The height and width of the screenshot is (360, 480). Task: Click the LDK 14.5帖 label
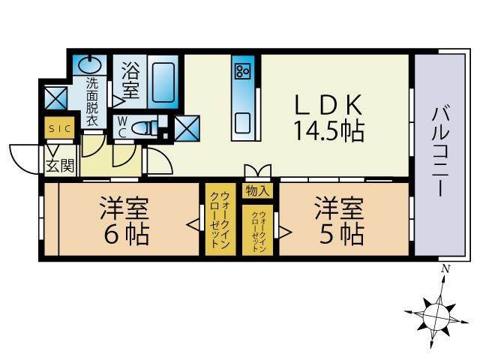tap(328, 118)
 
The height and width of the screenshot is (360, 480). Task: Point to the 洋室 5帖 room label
tap(339, 221)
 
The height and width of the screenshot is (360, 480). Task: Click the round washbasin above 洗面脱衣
tap(91, 63)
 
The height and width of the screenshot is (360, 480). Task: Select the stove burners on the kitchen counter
tap(243, 72)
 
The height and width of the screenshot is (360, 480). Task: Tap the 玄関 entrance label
tap(60, 166)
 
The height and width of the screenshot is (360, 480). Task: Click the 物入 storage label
tap(257, 190)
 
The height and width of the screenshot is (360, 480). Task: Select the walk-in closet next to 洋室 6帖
tap(219, 219)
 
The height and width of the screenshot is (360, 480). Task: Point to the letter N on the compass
tap(445, 269)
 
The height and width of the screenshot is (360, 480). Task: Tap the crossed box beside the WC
tap(186, 128)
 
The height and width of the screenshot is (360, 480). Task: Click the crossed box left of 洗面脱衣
tap(56, 98)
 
